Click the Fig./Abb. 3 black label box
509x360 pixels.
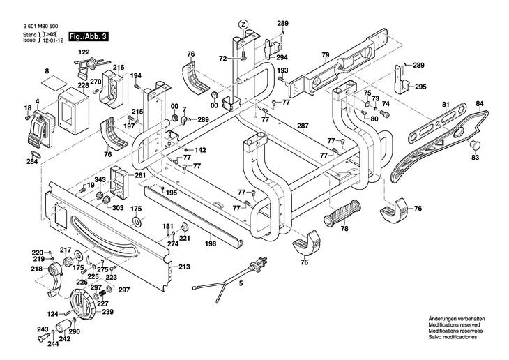point(89,36)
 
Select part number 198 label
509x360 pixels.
point(211,244)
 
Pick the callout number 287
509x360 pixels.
point(303,126)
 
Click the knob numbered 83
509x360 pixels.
point(478,144)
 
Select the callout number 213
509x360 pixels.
point(184,267)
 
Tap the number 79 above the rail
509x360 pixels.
point(325,54)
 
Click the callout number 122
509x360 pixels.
point(84,52)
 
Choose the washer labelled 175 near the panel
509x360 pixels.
point(137,222)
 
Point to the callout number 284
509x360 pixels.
point(32,162)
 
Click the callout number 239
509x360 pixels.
point(107,312)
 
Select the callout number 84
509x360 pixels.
point(479,104)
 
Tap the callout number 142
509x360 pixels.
point(200,150)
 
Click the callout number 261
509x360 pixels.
point(140,175)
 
